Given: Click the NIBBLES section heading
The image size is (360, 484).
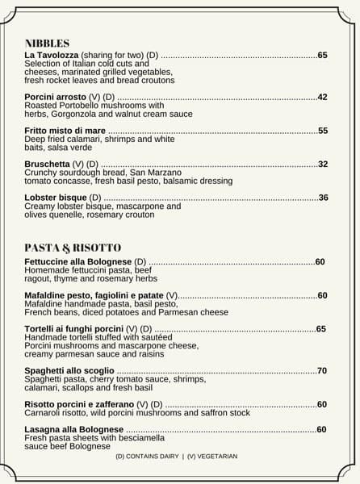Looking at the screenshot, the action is (47, 44).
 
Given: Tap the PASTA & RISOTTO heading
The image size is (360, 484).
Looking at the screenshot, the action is (73, 247).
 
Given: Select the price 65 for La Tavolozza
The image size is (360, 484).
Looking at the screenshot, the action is (322, 55).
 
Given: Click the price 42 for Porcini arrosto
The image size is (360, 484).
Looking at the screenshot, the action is (322, 97).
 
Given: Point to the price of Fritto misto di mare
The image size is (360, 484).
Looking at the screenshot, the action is (322, 131).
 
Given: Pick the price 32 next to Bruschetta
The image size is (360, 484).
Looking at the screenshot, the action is (322, 164).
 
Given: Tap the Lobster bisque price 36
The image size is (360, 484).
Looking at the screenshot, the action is (323, 198).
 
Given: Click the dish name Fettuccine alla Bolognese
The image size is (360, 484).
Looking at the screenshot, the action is (77, 262).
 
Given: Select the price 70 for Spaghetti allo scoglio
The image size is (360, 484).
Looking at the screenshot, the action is (322, 371).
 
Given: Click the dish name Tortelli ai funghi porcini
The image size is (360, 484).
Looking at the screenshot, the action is (74, 329).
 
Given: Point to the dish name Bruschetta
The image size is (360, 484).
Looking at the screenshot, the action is (48, 164).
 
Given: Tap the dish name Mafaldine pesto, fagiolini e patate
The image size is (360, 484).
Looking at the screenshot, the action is (94, 296).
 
